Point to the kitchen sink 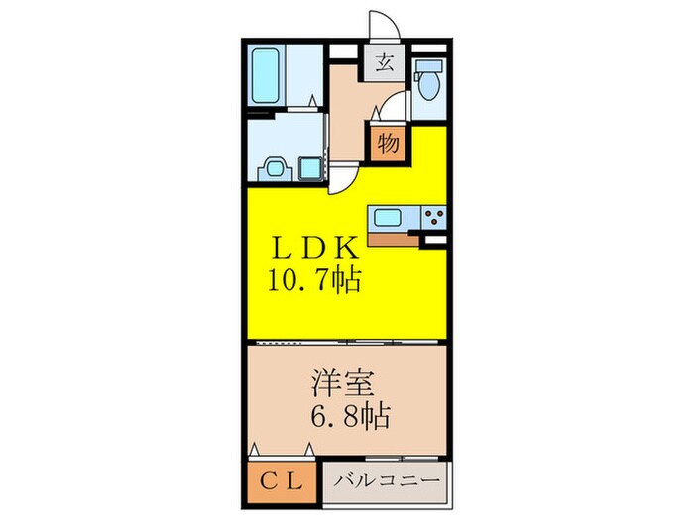click(x=391, y=217)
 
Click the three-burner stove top click(x=433, y=218)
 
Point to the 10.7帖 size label click(x=311, y=280)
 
